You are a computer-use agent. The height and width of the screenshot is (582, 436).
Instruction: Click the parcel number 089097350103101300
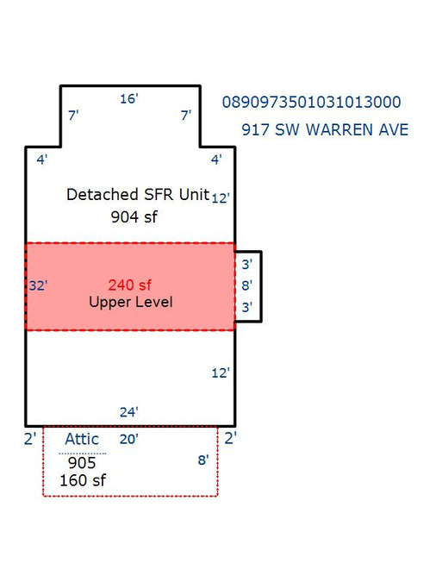click(x=311, y=102)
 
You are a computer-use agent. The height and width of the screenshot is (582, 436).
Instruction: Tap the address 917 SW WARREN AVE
click(x=325, y=129)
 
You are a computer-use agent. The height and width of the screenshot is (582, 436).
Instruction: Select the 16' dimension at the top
click(x=128, y=99)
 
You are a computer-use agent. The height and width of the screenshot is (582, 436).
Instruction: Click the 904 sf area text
click(x=134, y=216)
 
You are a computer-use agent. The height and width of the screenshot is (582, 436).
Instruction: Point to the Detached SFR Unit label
click(x=138, y=195)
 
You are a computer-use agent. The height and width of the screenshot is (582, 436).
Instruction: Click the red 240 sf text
click(x=129, y=285)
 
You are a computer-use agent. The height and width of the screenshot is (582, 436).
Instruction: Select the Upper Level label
click(x=131, y=302)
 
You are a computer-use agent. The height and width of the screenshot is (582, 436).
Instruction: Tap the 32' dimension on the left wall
click(x=38, y=285)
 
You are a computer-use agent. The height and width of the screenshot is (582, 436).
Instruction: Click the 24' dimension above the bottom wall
click(x=128, y=412)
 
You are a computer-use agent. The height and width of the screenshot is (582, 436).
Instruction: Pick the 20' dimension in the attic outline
click(x=128, y=439)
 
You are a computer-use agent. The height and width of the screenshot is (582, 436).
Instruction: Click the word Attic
click(x=82, y=439)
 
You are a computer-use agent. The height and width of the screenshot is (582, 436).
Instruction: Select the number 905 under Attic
click(x=82, y=463)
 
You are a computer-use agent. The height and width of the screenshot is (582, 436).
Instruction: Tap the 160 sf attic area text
click(x=83, y=480)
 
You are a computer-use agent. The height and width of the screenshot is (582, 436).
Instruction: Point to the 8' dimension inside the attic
click(x=203, y=460)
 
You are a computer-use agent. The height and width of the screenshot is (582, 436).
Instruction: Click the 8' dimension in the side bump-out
click(x=246, y=285)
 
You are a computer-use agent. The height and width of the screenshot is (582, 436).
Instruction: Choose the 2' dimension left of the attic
click(x=30, y=439)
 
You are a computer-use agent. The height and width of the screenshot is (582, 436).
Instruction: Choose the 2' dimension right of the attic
click(x=230, y=438)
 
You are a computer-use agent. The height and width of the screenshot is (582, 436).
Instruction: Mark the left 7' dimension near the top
click(x=73, y=116)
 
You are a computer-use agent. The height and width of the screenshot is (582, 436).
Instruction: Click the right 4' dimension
click(x=216, y=160)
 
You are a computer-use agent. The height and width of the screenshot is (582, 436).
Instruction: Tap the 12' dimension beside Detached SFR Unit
click(x=221, y=197)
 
